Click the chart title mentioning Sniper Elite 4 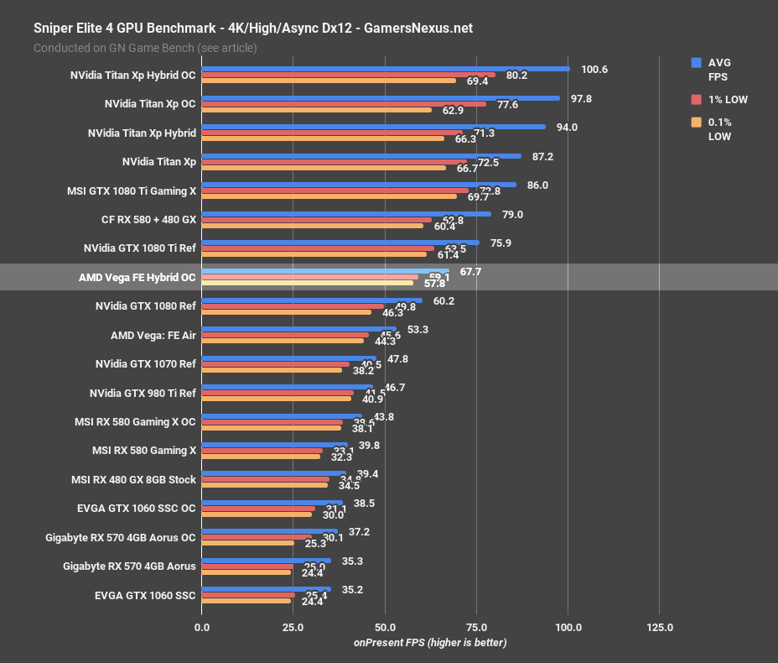(x=252, y=28)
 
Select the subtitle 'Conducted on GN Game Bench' (x=145, y=48)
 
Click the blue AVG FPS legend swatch (x=696, y=62)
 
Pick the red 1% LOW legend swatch (x=696, y=99)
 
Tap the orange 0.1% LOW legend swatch (x=696, y=123)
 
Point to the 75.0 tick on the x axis (x=476, y=627)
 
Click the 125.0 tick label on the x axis (x=659, y=627)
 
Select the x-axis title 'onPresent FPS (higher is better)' (x=430, y=642)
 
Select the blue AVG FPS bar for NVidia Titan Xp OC (x=380, y=98)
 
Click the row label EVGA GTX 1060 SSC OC (x=136, y=509)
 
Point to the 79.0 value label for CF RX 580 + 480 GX (x=512, y=214)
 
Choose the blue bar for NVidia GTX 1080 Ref (x=311, y=300)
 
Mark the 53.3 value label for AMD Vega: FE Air (x=418, y=330)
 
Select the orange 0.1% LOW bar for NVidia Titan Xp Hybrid (x=323, y=138)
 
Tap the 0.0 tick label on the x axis (x=201, y=627)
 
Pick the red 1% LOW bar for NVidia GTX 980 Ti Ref (x=277, y=393)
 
